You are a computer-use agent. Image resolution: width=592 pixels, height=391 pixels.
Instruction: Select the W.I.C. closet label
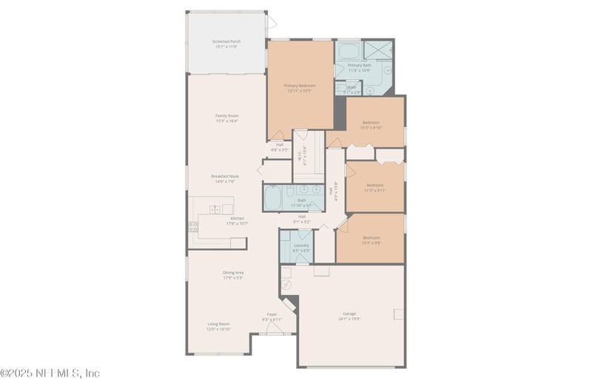pyautogui.click(x=303, y=156)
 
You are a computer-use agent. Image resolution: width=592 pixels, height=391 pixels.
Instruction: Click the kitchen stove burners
pyautogui.click(x=193, y=226)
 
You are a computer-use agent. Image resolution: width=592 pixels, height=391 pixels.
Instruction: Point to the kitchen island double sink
pyautogui.click(x=215, y=210)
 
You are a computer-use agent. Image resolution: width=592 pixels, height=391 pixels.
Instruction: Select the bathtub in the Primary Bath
pyautogui.click(x=349, y=52)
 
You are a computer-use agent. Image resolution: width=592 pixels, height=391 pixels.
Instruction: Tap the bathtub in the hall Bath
pyautogui.click(x=273, y=198)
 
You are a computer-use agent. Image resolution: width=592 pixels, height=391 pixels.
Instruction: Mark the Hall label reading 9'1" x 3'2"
pyautogui.click(x=302, y=219)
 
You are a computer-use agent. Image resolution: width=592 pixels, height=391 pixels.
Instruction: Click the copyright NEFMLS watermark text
pyautogui.click(x=50, y=373)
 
